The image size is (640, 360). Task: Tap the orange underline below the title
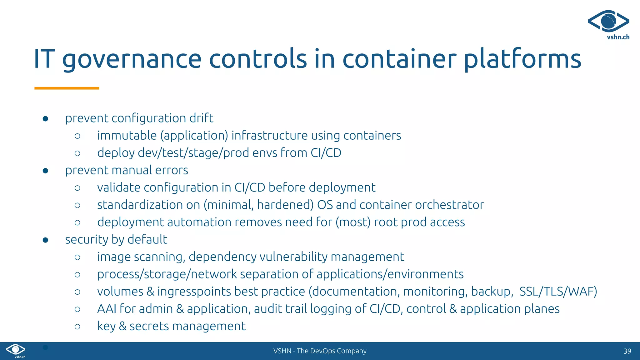[x=67, y=88]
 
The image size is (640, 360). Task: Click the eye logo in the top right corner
[x=608, y=21]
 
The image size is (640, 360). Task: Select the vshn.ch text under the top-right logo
[x=618, y=37]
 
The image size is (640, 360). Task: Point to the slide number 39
[x=627, y=351]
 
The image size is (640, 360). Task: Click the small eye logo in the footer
[x=16, y=349]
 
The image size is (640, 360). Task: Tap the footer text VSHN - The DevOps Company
[x=320, y=351]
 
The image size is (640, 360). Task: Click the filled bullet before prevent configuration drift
[x=45, y=119]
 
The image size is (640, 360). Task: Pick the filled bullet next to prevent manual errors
[x=45, y=171]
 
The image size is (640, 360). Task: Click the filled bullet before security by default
[x=45, y=240]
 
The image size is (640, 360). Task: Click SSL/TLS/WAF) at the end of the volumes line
[x=558, y=292]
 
